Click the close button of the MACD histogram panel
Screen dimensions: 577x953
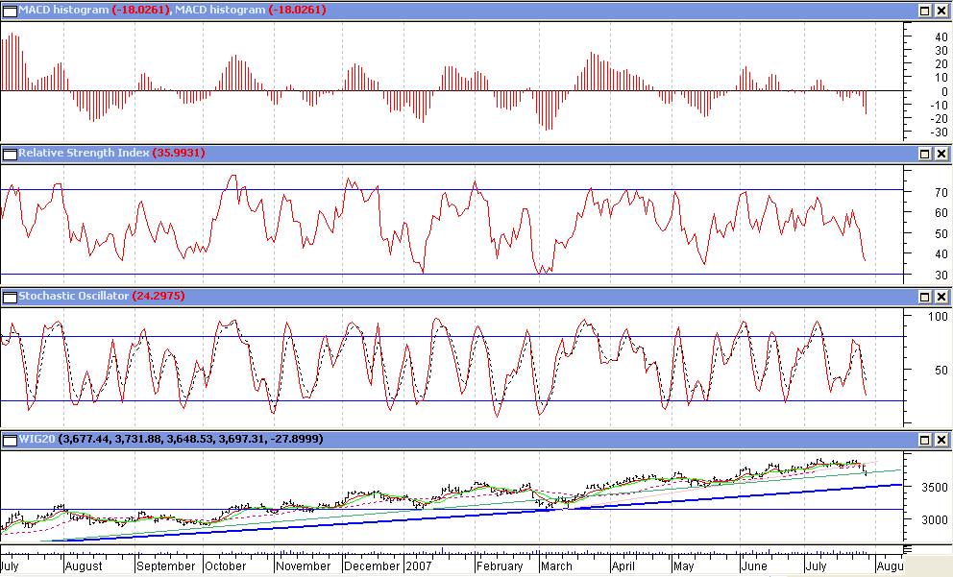point(941,10)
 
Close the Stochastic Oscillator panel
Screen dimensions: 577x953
point(941,297)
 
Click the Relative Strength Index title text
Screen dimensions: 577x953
point(84,154)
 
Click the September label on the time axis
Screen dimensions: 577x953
point(165,566)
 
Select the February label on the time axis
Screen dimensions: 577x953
point(501,566)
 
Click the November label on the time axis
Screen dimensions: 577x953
point(304,566)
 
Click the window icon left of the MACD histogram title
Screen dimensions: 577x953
point(10,10)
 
